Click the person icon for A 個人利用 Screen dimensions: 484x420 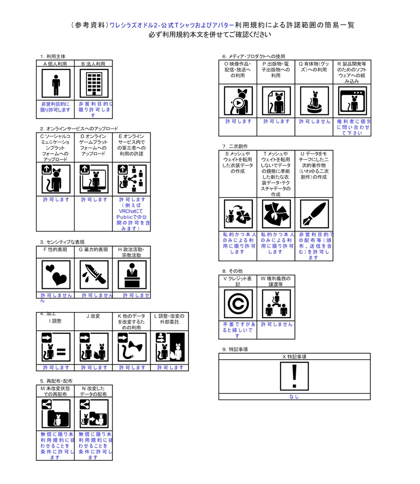(x=56, y=84)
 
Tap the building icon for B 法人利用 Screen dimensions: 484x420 (x=94, y=84)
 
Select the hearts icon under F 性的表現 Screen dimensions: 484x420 (x=56, y=275)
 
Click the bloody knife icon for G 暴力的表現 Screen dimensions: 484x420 (x=94, y=275)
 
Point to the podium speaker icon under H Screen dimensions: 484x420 (x=132, y=275)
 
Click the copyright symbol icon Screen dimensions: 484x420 (x=238, y=303)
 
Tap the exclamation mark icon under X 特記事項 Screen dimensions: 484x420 (x=294, y=377)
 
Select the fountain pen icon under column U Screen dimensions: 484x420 (x=314, y=214)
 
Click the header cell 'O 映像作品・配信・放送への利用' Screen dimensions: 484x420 (x=238, y=69)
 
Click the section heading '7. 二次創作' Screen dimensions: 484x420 (x=235, y=147)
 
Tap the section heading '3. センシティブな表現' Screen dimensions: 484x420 (x=62, y=242)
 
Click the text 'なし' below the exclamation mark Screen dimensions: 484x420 (x=294, y=397)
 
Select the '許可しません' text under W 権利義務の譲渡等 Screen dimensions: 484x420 (x=276, y=325)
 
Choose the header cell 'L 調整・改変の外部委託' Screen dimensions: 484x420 (x=170, y=319)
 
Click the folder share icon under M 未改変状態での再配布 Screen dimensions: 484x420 (x=56, y=414)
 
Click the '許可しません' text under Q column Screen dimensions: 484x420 (x=314, y=121)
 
